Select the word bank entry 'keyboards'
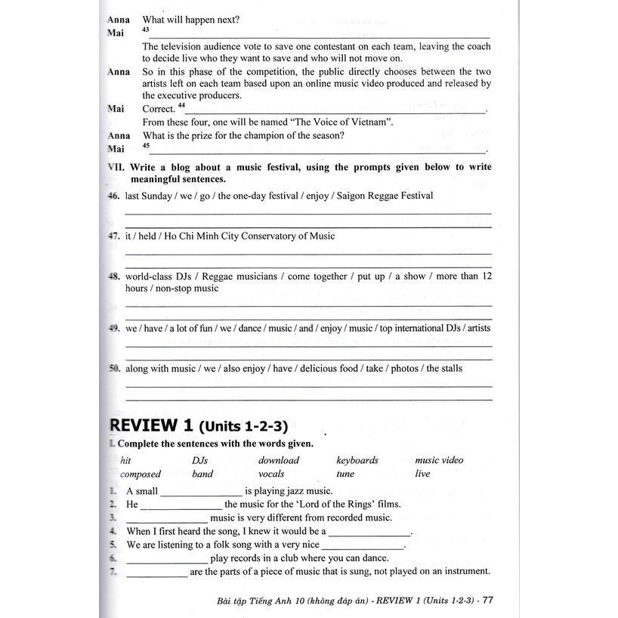[x=357, y=460]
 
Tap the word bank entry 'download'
[x=279, y=460]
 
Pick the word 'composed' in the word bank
[x=141, y=474]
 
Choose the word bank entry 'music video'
[x=439, y=460]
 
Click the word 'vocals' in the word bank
[x=271, y=474]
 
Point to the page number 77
[x=487, y=601]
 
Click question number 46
[x=115, y=196]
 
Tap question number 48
[x=115, y=277]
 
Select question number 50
[x=115, y=369]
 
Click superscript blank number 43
[x=146, y=30]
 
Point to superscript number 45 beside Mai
[x=146, y=146]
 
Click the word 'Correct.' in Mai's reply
[x=159, y=109]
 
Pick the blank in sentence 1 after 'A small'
[x=200, y=492]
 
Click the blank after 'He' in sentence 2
[x=181, y=505]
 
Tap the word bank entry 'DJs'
[x=199, y=460]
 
